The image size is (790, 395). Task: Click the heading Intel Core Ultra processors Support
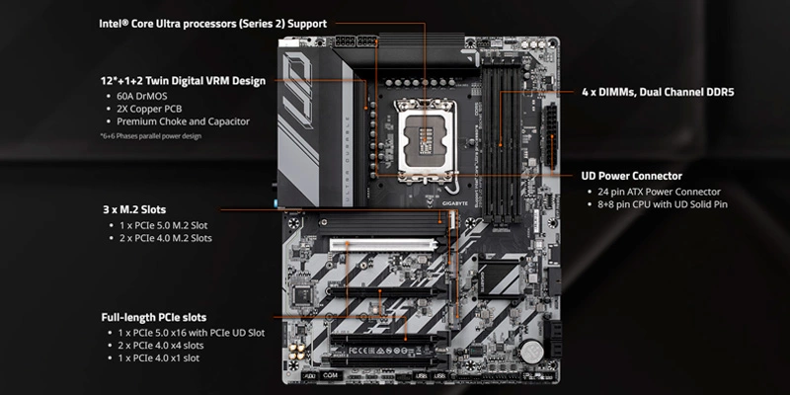pos(212,23)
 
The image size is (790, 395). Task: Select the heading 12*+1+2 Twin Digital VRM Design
pos(182,80)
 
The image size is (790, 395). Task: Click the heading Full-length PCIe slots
pos(154,318)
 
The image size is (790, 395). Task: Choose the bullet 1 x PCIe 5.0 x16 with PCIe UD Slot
pos(192,333)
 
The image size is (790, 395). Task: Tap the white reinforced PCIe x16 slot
pos(385,243)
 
